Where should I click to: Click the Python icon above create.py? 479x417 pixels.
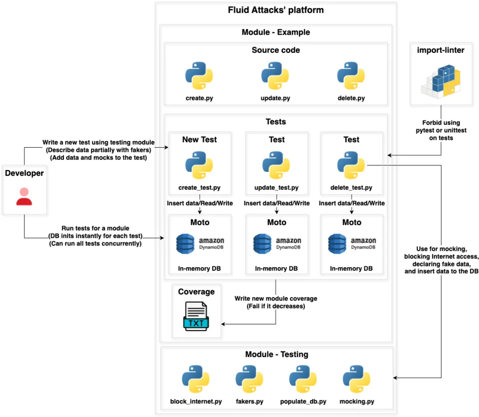(x=199, y=75)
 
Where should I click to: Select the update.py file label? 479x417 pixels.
(x=275, y=99)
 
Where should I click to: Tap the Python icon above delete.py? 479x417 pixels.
(x=351, y=75)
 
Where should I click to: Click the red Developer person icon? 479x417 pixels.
(x=24, y=196)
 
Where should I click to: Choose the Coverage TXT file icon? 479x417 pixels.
(x=196, y=316)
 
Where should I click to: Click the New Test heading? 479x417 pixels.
(x=199, y=140)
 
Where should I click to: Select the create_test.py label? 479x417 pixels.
(x=199, y=188)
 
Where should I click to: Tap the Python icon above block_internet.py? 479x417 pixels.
(x=195, y=379)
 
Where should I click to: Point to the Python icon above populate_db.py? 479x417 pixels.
(x=303, y=379)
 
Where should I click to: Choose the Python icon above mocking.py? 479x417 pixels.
(x=356, y=379)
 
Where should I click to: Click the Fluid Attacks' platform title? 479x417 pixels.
(x=275, y=10)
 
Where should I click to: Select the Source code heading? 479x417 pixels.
(x=275, y=50)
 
